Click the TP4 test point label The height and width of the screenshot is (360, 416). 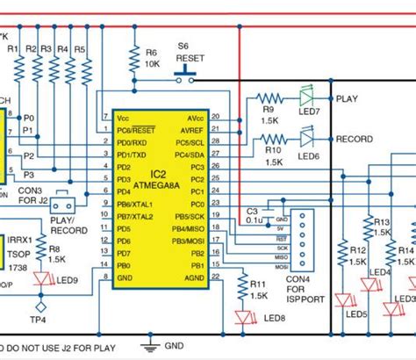[37, 320]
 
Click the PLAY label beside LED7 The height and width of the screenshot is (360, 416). [346, 98]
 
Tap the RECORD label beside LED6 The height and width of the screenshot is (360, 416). [354, 139]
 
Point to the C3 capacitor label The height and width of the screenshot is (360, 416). [252, 211]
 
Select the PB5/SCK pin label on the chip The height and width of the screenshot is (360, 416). [189, 216]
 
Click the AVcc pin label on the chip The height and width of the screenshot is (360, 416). [198, 117]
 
